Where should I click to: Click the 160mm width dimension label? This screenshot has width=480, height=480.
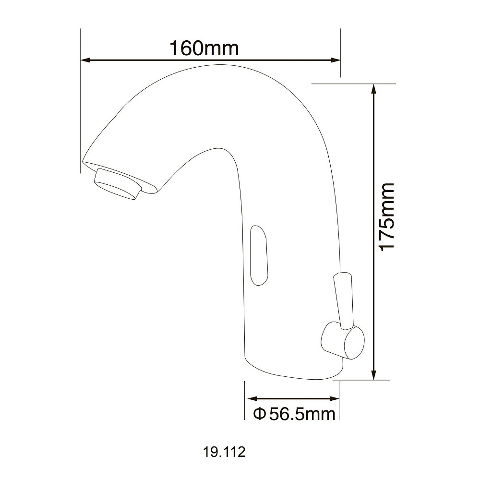click(204, 48)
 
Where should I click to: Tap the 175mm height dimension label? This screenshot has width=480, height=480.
click(386, 217)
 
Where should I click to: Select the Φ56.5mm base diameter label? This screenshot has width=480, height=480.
click(294, 414)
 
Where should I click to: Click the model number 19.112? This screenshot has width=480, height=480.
click(224, 452)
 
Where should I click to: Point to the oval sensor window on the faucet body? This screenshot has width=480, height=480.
click(259, 255)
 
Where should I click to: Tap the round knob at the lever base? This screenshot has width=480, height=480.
click(343, 340)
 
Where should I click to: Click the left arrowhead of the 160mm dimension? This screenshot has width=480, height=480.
click(86, 60)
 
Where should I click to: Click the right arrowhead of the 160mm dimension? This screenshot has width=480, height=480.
click(336, 60)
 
